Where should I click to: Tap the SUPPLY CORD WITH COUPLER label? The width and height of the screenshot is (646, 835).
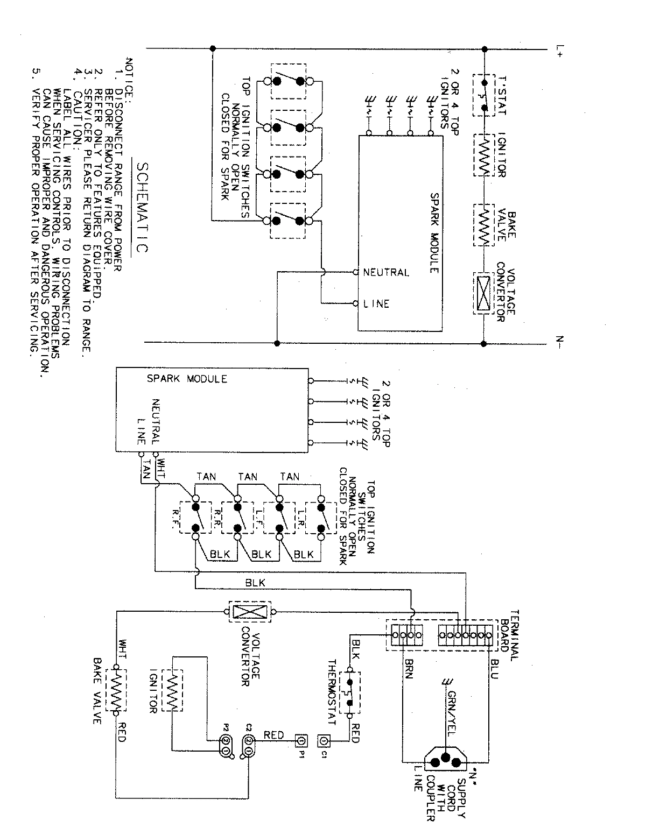click(x=447, y=796)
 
